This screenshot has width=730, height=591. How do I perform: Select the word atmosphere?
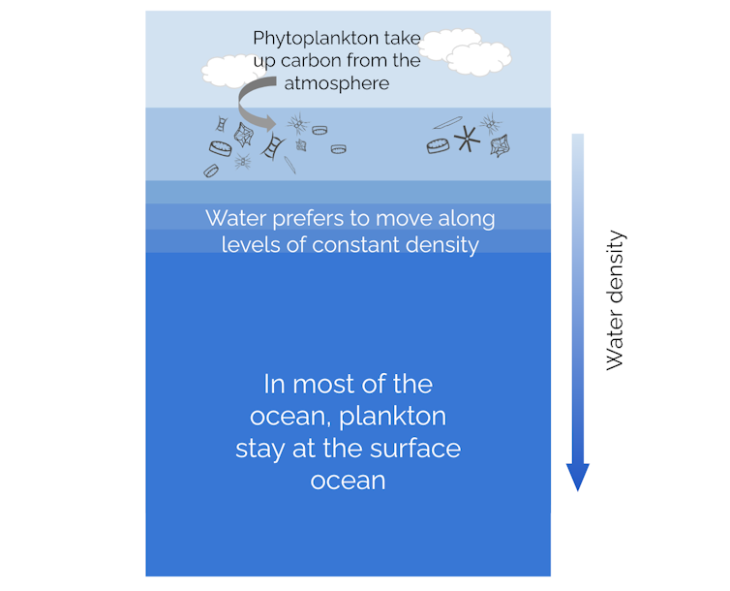(x=336, y=83)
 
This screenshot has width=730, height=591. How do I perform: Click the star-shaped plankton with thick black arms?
(x=467, y=139)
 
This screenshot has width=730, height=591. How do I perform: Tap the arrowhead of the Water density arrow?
(x=578, y=476)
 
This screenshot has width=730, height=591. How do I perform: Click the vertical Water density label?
(x=616, y=300)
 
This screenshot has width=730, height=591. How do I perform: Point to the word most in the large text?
(x=324, y=384)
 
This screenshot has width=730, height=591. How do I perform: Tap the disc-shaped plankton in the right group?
(x=438, y=145)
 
